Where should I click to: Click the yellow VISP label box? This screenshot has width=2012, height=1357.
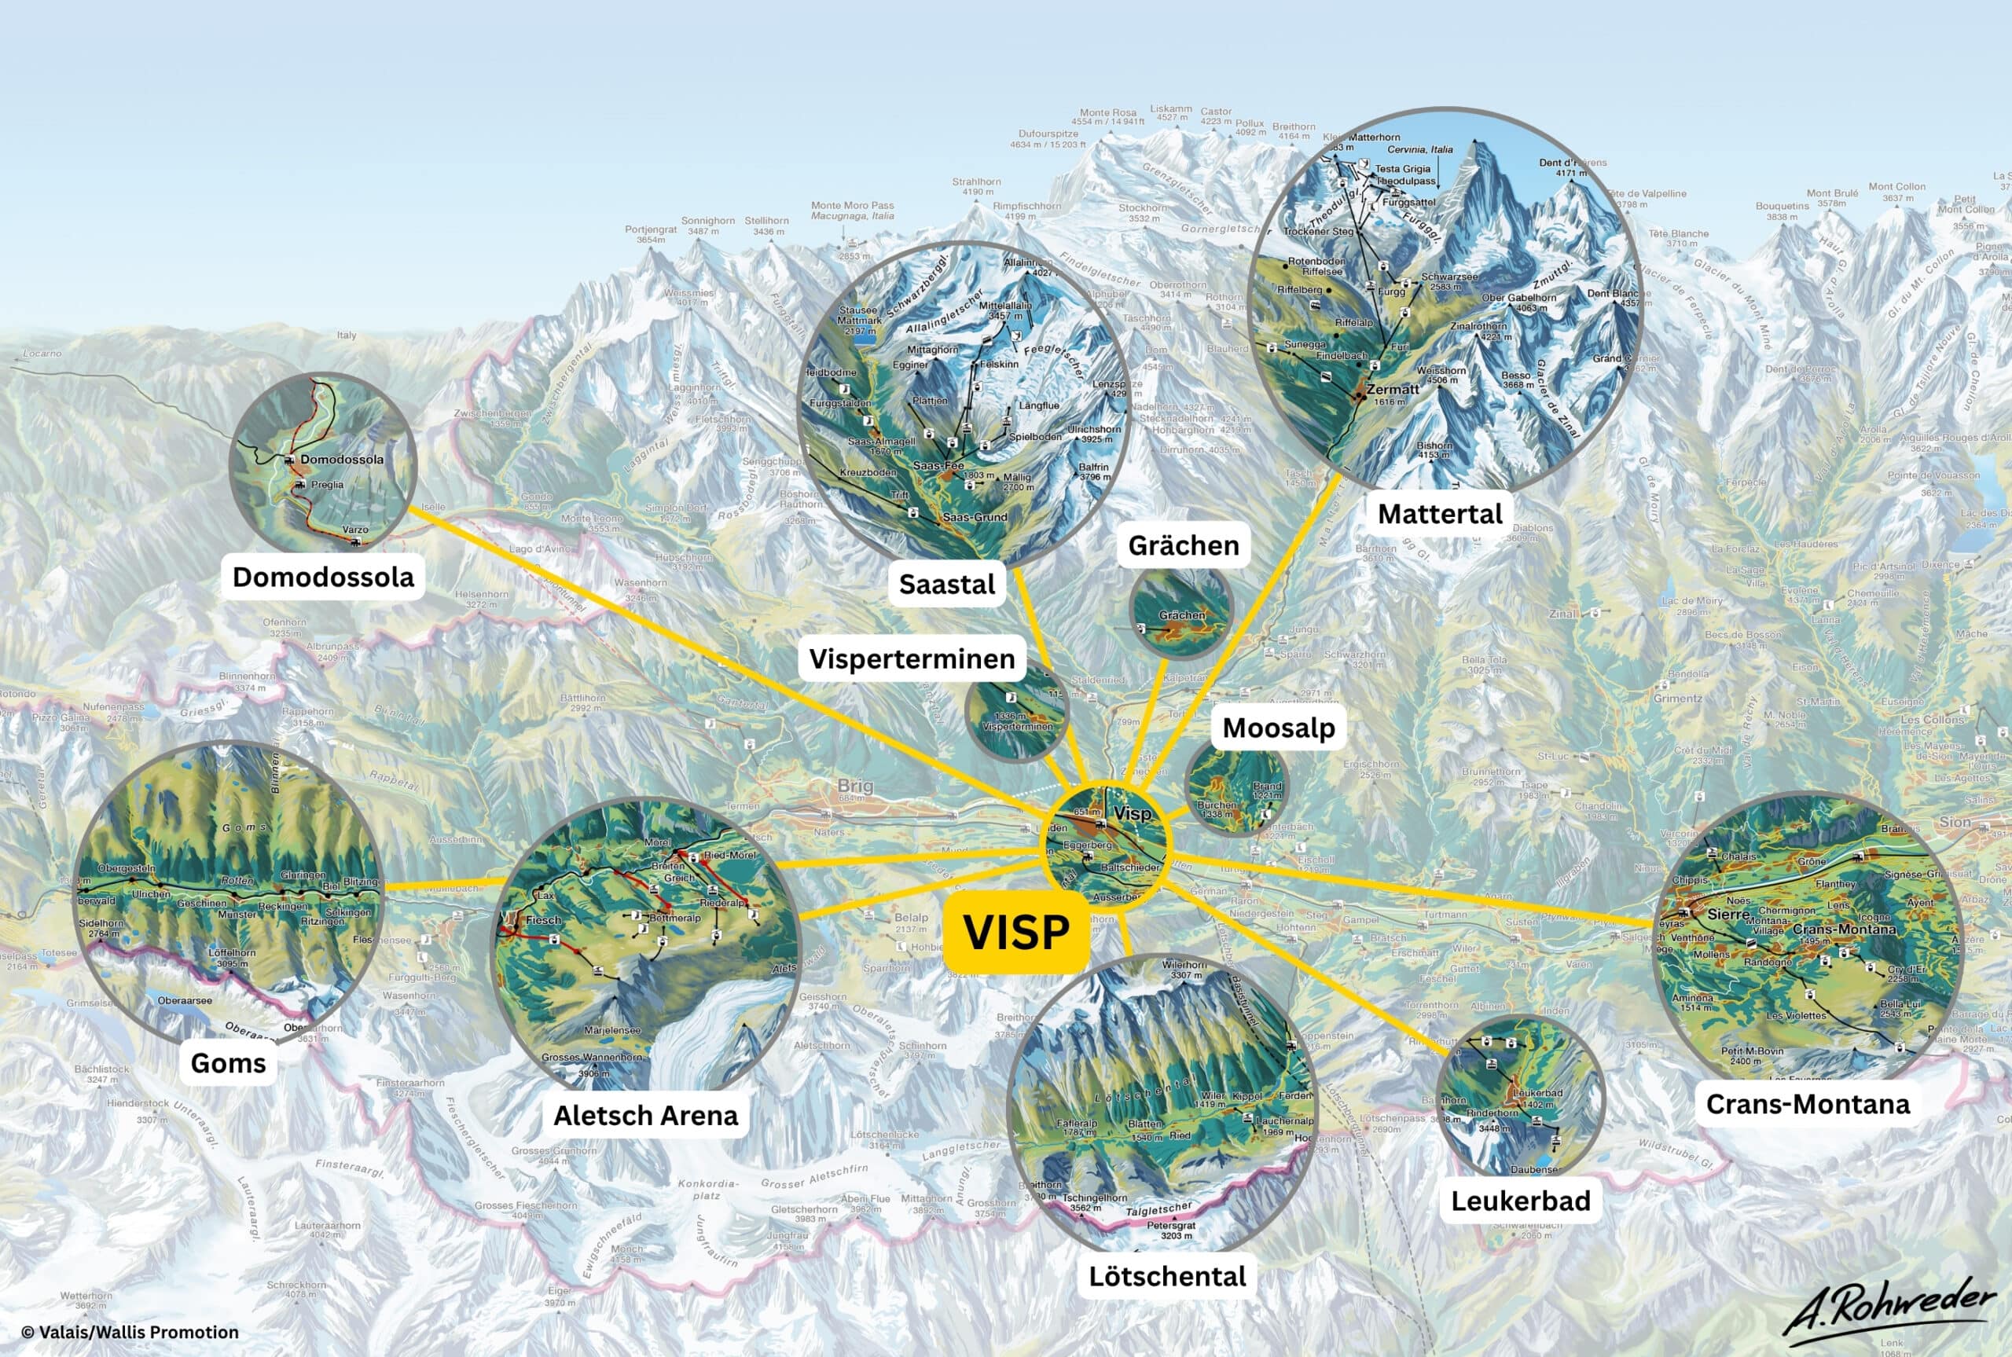point(1016,932)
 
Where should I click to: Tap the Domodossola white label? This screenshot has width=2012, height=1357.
point(323,578)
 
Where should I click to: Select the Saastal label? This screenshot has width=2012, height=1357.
point(947,584)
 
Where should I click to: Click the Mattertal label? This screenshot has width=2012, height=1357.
point(1440,514)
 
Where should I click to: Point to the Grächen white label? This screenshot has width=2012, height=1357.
point(1183,545)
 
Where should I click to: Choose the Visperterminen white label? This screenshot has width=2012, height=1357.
point(911,658)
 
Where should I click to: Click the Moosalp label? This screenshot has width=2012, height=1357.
point(1278,728)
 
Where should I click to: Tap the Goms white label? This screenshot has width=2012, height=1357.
point(228,1063)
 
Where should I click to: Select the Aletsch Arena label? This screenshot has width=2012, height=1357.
point(645,1116)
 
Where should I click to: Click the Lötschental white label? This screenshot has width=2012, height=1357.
point(1166,1277)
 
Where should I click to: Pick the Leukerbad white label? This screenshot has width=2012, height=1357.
point(1521,1201)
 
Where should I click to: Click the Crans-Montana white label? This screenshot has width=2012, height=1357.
point(1808,1104)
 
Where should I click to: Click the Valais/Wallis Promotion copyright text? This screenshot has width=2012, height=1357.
point(130,1333)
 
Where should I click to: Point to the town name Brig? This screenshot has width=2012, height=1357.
point(854,786)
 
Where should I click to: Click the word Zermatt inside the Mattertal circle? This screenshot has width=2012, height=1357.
point(1393,390)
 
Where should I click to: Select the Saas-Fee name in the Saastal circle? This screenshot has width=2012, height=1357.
point(938,466)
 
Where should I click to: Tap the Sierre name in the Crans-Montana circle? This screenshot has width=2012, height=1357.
point(1729,913)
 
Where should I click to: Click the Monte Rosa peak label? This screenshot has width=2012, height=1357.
point(1107,112)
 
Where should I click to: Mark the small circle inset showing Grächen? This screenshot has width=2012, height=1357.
point(1180,613)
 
